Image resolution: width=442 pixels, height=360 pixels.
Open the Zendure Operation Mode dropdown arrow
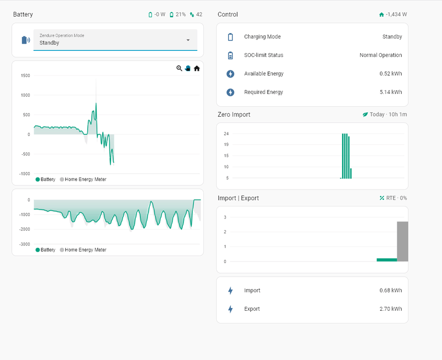pos(188,40)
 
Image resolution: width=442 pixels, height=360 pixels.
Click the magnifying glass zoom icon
pos(179,68)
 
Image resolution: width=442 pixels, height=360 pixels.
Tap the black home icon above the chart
pos(197,68)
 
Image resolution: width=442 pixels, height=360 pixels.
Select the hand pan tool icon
pos(188,68)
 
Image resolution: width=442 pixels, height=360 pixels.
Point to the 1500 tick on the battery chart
pos(25,76)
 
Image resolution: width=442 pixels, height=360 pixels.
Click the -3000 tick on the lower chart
pos(24,244)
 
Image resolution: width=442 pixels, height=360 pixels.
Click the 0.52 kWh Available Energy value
pos(391,74)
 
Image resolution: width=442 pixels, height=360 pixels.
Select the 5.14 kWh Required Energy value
pos(391,92)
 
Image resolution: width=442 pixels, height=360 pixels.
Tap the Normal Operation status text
pos(381,55)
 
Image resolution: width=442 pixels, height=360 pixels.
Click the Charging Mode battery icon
pos(230,37)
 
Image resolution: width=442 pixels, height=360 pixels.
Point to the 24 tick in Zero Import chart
pos(226,134)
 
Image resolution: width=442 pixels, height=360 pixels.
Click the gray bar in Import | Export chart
pos(403,242)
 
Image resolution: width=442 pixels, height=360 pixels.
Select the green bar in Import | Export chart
pos(387,260)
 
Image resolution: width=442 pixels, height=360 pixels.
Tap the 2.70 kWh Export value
pos(391,309)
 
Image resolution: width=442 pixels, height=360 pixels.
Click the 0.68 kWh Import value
pos(391,290)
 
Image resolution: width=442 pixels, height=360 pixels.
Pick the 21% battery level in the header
pos(181,14)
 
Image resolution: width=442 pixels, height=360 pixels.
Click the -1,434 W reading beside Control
pos(396,14)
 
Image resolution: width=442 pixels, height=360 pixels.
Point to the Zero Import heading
pos(234,114)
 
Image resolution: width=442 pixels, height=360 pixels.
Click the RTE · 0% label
pos(396,198)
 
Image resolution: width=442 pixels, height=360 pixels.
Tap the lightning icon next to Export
pos(230,309)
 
